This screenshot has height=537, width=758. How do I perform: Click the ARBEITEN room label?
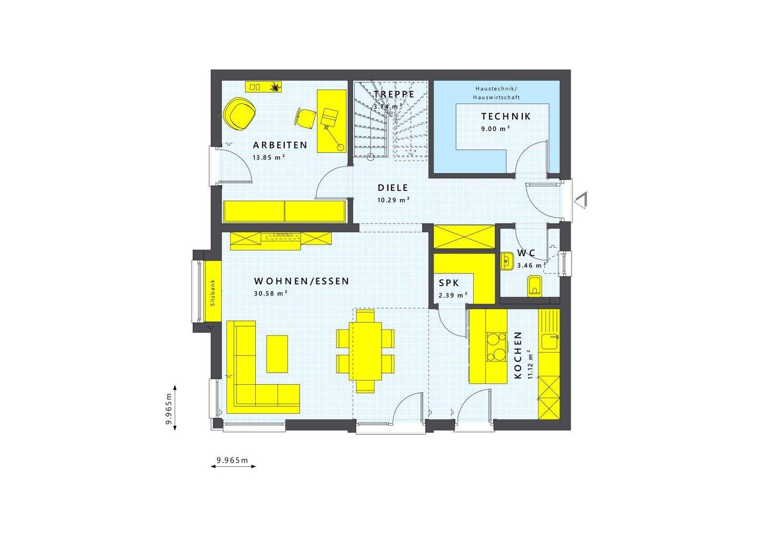[x=280, y=145]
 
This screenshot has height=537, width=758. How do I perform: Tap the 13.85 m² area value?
[x=268, y=157]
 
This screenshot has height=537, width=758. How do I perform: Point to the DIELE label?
[x=393, y=188]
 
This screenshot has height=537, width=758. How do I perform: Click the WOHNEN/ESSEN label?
[x=301, y=281]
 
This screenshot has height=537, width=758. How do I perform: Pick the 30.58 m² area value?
[x=270, y=294]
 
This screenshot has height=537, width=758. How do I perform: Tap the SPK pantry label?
[x=449, y=283]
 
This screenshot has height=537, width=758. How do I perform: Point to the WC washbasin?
[x=507, y=261]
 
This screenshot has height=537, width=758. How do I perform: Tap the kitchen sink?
[x=550, y=342]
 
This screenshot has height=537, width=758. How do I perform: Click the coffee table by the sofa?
[x=277, y=354]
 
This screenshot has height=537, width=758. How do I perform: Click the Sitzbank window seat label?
[x=213, y=292]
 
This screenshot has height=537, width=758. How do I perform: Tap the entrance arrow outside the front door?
[x=581, y=200]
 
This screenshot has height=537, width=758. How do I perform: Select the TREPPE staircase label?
[x=394, y=94]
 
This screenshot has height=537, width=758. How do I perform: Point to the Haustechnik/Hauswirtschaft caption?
[x=496, y=93]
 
